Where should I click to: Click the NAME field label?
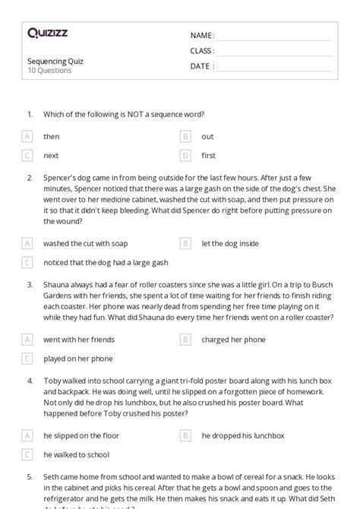coord(202,36)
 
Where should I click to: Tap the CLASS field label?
coord(202,51)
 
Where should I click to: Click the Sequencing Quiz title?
coord(55,61)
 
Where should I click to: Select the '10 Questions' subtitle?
coord(49,71)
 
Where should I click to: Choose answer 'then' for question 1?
coord(52,137)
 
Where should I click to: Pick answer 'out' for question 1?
coord(207,137)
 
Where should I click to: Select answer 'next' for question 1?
coord(52,156)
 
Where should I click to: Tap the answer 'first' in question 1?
coord(208,156)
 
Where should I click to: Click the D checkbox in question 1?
coord(185,156)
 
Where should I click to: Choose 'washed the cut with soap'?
coord(86,244)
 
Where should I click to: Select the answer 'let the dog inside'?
coord(230,244)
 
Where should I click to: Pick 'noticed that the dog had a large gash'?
coord(106,263)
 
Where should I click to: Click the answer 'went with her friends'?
coord(79,340)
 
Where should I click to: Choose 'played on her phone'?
coord(78,359)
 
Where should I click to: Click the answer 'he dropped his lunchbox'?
coord(243,435)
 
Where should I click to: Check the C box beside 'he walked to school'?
coord(27,454)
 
